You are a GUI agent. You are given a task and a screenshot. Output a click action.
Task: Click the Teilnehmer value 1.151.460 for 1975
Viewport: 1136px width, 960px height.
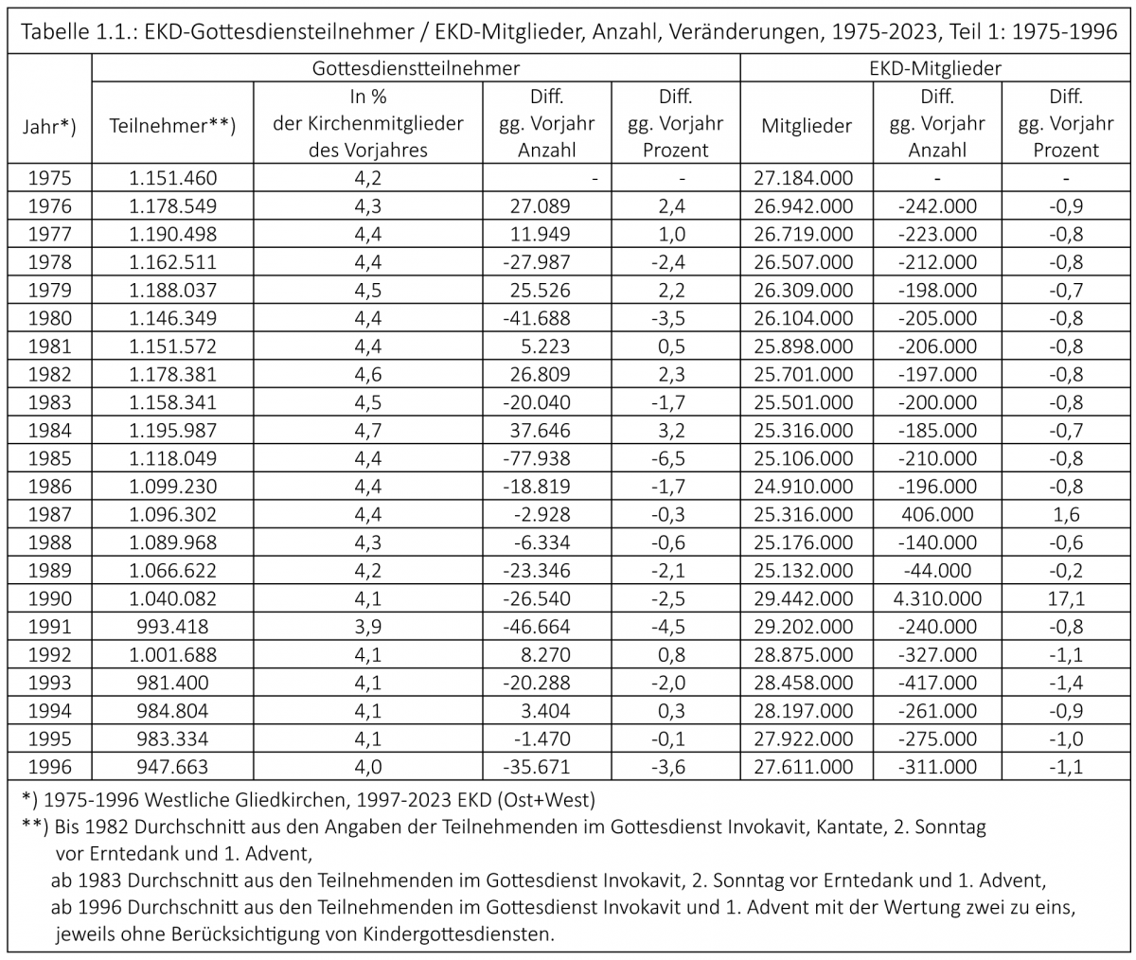171,177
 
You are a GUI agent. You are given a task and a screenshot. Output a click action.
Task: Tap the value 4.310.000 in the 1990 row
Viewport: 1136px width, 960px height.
936,598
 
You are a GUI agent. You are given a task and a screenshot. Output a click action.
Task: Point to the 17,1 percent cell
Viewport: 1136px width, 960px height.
1066,598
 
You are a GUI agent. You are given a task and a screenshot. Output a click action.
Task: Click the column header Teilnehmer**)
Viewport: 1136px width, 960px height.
171,125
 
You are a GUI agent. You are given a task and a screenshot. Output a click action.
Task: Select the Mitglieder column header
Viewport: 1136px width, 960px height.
806,125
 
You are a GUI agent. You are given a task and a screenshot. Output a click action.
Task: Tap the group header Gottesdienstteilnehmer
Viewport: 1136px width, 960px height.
416,69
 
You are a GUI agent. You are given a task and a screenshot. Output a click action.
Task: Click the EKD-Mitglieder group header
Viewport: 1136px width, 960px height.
934,69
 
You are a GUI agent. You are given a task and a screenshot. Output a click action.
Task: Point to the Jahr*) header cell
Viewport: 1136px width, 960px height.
48,125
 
